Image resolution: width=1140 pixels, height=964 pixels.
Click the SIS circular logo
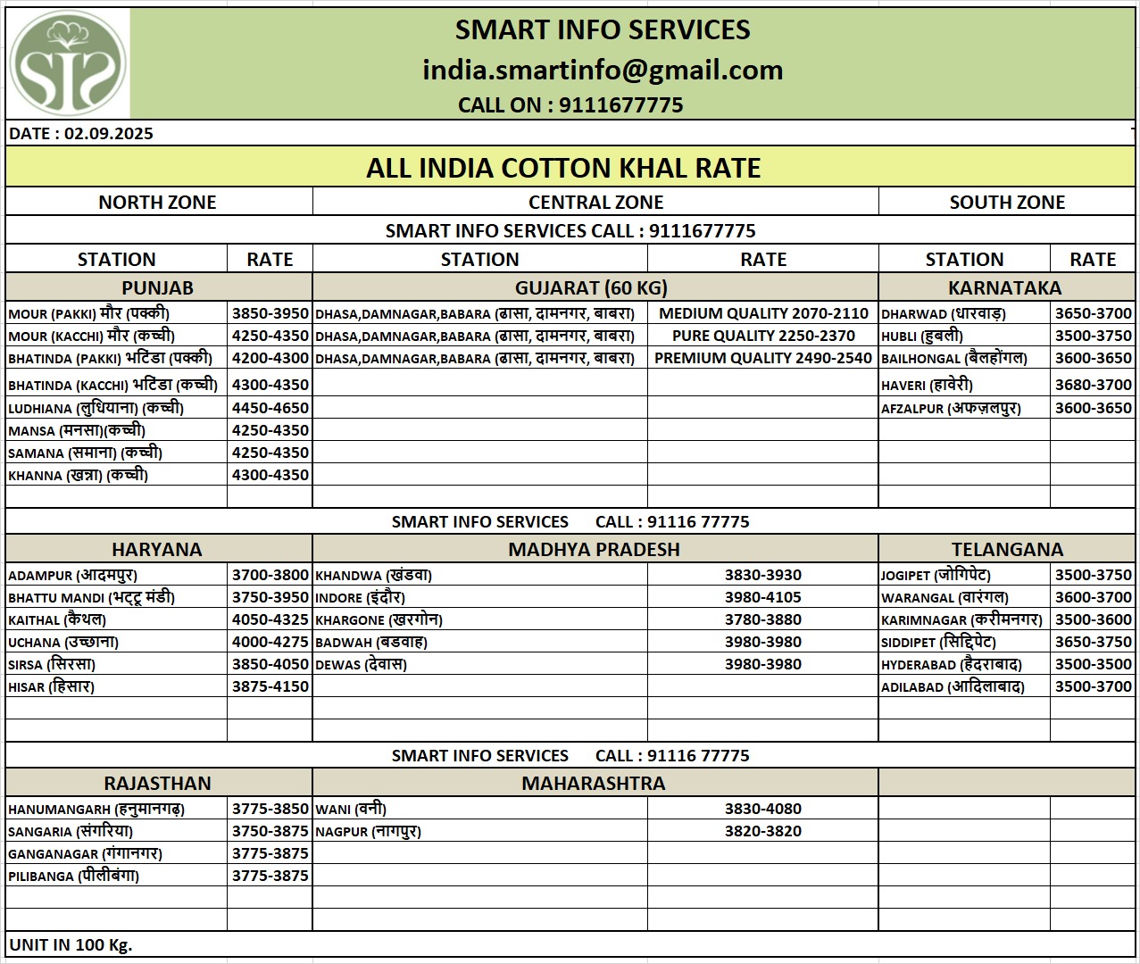click(68, 63)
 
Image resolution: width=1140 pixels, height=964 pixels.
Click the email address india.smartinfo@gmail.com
click(603, 70)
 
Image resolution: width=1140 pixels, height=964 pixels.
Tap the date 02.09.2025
click(109, 134)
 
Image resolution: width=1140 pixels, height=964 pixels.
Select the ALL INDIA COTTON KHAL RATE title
click(563, 168)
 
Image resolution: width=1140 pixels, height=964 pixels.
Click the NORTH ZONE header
click(157, 202)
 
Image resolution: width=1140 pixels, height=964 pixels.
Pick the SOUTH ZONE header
click(1007, 202)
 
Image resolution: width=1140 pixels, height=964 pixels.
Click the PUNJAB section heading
click(157, 287)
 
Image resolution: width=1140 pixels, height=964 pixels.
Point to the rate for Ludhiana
click(270, 408)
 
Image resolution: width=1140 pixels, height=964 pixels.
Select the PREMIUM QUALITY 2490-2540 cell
click(763, 358)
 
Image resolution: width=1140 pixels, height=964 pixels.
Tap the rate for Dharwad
click(1093, 313)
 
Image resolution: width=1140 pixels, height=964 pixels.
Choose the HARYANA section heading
click(157, 549)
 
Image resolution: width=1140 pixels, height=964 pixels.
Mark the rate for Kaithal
click(270, 619)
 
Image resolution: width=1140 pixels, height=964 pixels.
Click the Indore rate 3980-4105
click(763, 597)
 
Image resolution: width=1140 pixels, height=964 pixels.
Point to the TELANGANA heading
click(1007, 549)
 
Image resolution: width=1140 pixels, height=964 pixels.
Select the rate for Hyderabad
click(1093, 664)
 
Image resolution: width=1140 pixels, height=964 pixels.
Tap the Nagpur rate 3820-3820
click(763, 831)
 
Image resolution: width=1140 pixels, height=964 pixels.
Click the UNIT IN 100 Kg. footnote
click(71, 944)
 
